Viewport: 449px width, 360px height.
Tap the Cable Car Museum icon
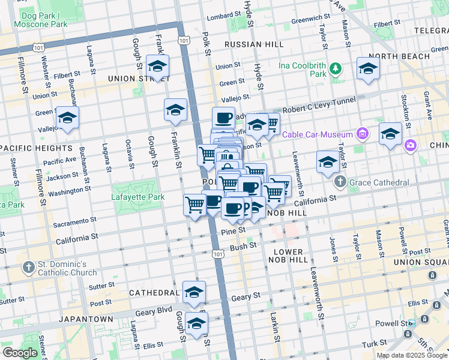point(362,133)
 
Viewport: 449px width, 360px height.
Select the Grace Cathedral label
point(381,182)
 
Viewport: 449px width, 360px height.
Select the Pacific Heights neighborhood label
point(37,148)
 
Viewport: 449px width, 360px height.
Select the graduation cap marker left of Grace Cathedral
point(328,161)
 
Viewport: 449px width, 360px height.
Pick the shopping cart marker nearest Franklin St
point(194,205)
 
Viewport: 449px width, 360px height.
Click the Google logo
point(20,353)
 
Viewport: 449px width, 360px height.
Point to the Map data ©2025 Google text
point(412,355)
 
